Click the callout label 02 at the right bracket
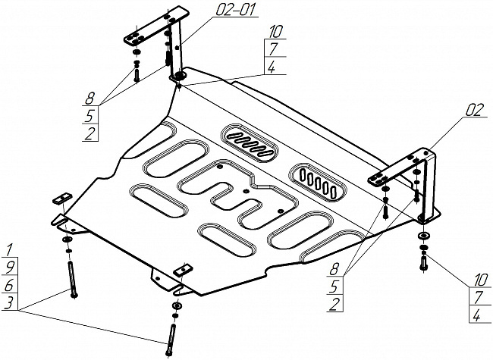pos(473,111)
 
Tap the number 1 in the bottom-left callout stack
pos(9,250)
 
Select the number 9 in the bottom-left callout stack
pos(10,267)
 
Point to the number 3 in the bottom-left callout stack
pos(9,303)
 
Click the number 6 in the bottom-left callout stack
pos(9,285)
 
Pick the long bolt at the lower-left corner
pos(72,279)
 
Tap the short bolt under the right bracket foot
pos(422,263)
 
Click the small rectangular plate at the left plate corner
pos(64,199)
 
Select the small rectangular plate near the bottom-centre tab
pos(184,270)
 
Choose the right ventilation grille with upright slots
pos(319,182)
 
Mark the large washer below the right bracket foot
pos(423,236)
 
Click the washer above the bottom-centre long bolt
pos(177,305)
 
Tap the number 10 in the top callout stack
pos(276,32)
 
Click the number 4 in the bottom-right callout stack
pos(477,315)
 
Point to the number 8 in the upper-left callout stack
pos(89,99)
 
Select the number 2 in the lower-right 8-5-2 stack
pos(334,304)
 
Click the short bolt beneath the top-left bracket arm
pos(137,72)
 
